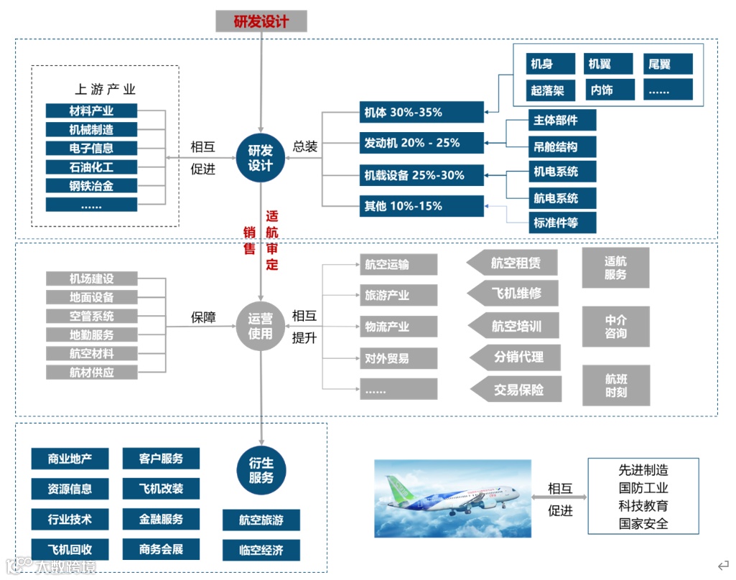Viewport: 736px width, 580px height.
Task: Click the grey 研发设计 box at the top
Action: [x=261, y=21]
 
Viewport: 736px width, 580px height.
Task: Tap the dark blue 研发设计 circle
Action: [x=261, y=158]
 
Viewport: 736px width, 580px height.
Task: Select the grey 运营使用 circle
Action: [x=261, y=327]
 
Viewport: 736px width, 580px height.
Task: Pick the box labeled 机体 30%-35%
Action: [x=421, y=113]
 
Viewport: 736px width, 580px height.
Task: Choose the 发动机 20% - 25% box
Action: [x=421, y=143]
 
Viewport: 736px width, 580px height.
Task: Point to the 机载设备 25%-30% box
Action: [x=421, y=175]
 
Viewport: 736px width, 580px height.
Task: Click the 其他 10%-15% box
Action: [x=421, y=207]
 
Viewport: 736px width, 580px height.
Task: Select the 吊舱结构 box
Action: [x=555, y=147]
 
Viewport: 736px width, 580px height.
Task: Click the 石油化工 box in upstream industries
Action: [x=91, y=167]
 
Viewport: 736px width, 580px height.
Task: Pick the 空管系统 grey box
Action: [x=91, y=316]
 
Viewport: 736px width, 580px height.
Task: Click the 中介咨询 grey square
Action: [x=615, y=327]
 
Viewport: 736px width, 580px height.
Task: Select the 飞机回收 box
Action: [x=70, y=549]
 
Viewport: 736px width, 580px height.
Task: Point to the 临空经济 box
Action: [x=261, y=551]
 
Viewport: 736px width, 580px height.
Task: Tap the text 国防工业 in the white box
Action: [x=643, y=488]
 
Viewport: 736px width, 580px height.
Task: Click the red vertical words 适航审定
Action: [x=272, y=240]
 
